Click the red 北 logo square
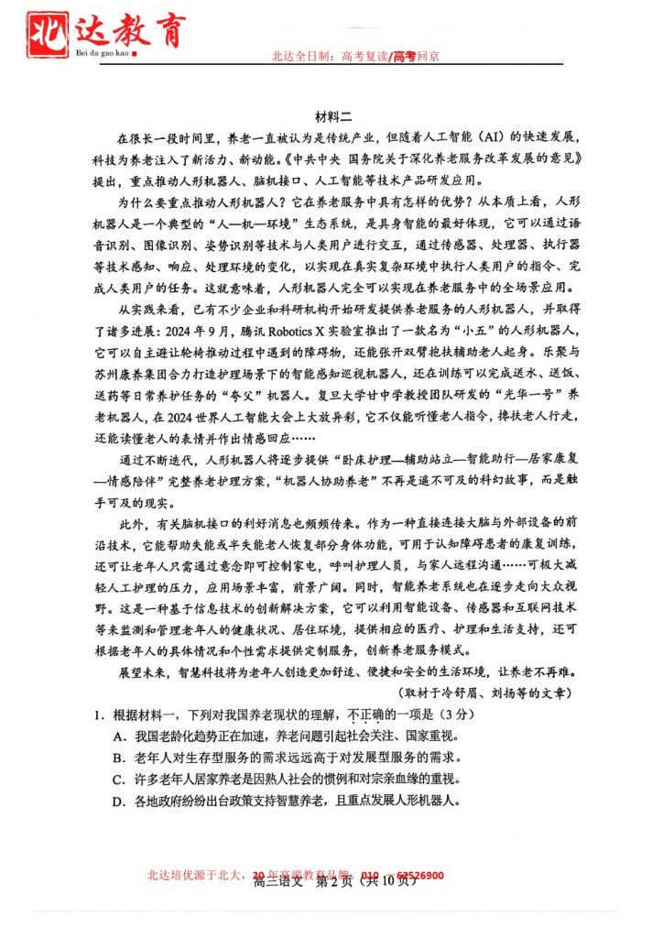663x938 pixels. click(44, 31)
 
